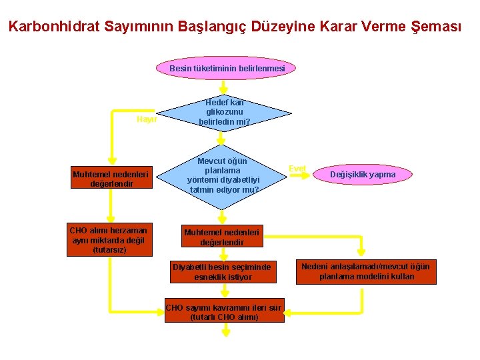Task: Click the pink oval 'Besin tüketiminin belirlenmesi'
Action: [x=227, y=68]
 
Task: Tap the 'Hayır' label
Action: [x=146, y=119]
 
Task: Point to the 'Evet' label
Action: [x=297, y=169]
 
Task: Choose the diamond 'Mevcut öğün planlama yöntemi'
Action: [x=223, y=175]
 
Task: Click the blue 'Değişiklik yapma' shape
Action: [x=363, y=175]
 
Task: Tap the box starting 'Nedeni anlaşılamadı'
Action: [x=366, y=271]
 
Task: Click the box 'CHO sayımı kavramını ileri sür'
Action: [x=225, y=312]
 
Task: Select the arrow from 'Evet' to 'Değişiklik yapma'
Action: [x=314, y=175]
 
